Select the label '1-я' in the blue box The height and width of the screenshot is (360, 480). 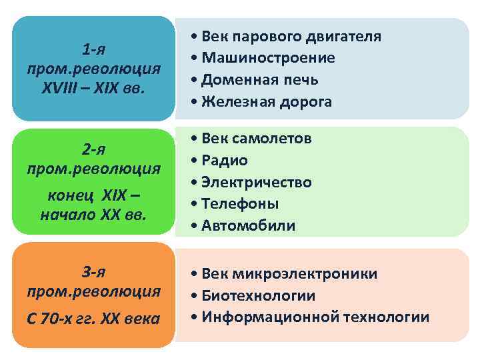click(94, 49)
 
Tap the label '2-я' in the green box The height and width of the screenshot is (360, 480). click(94, 147)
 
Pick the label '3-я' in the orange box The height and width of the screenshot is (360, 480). click(94, 271)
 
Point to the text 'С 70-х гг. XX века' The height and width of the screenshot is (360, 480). click(94, 319)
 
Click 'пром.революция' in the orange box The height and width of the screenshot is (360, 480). click(94, 291)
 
